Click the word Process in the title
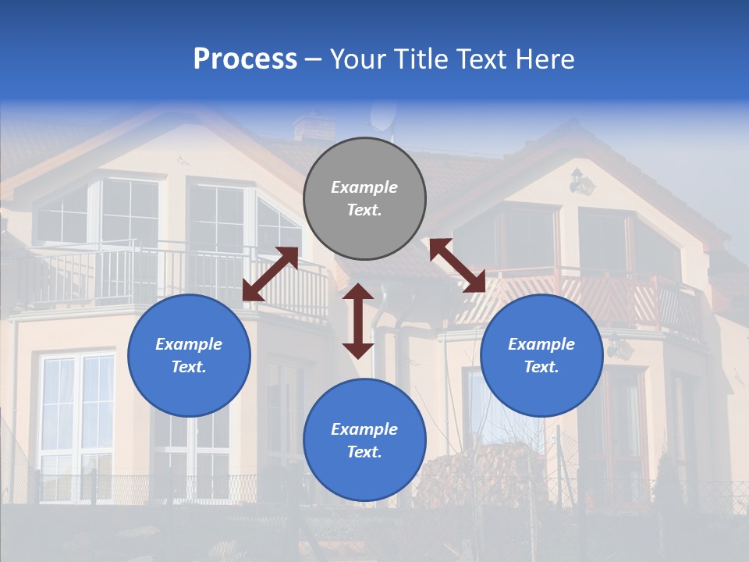click(x=245, y=59)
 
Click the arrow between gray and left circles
click(x=270, y=274)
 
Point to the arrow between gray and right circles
click(x=457, y=265)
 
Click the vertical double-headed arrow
click(x=358, y=321)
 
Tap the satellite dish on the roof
click(x=382, y=116)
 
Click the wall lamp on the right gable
click(x=581, y=183)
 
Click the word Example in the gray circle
click(x=364, y=187)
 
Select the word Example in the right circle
click(x=541, y=344)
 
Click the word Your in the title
click(x=356, y=59)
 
